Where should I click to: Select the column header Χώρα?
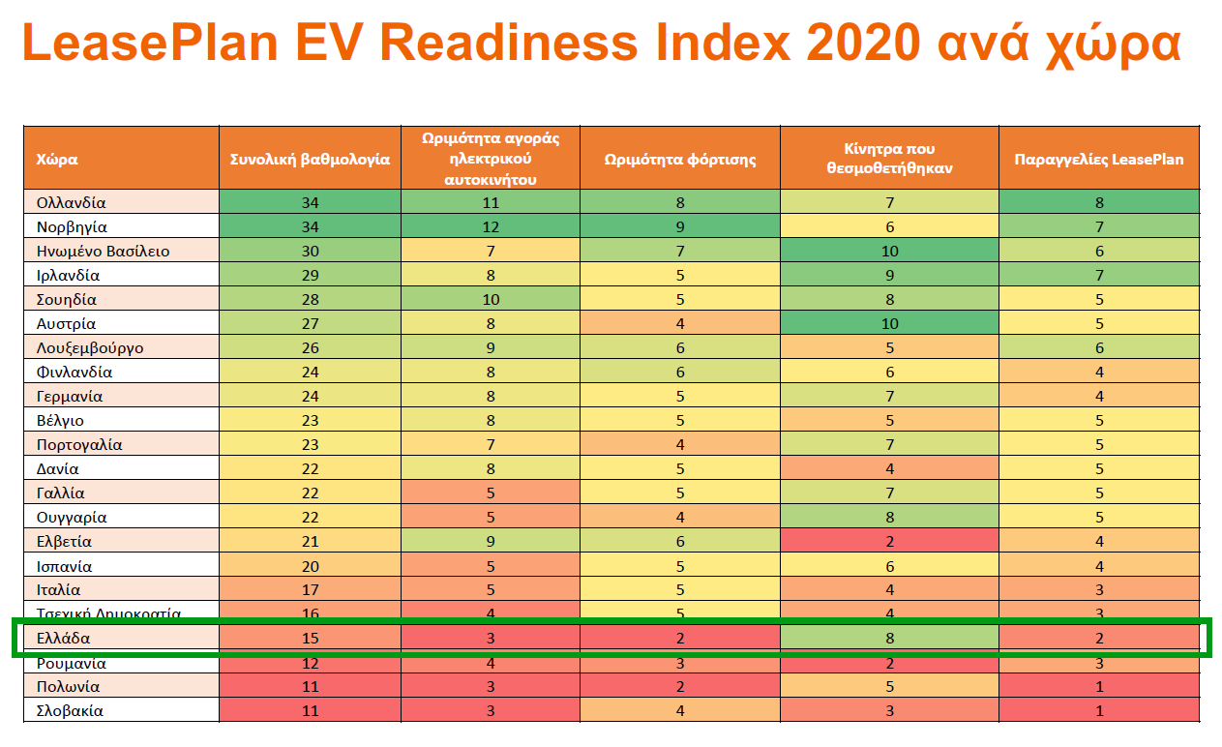pyautogui.click(x=57, y=159)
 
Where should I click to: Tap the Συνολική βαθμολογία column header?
pyautogui.click(x=310, y=159)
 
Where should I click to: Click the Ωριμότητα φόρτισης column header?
pyautogui.click(x=679, y=159)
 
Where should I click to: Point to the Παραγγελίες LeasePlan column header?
pyautogui.click(x=1098, y=159)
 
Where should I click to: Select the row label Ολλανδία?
pyautogui.click(x=71, y=203)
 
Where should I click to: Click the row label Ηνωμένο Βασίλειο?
pyautogui.click(x=103, y=252)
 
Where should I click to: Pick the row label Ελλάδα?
pyautogui.click(x=64, y=639)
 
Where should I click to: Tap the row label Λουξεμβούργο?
pyautogui.click(x=90, y=348)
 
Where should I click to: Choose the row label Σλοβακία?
pyautogui.click(x=70, y=711)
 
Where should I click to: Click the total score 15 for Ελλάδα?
pyautogui.click(x=310, y=639)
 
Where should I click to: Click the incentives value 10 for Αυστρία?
pyautogui.click(x=889, y=324)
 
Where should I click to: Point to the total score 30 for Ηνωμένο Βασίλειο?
pyautogui.click(x=310, y=252)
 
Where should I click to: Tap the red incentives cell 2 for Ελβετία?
pyautogui.click(x=889, y=542)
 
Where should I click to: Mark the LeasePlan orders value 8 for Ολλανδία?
pyautogui.click(x=1098, y=203)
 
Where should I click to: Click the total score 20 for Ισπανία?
pyautogui.click(x=310, y=566)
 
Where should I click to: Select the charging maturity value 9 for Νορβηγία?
pyautogui.click(x=679, y=227)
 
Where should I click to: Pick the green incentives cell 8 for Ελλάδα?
pyautogui.click(x=889, y=639)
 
